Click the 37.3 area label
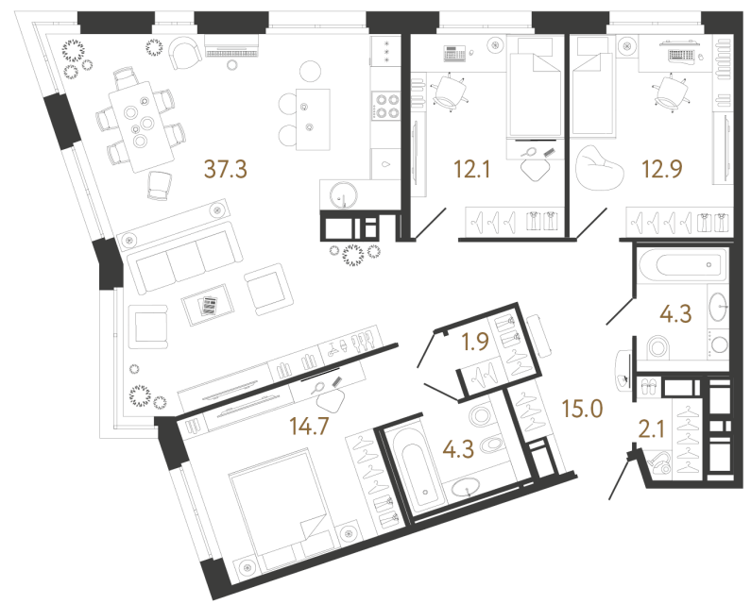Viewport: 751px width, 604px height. click(225, 169)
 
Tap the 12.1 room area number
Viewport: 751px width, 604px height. click(471, 169)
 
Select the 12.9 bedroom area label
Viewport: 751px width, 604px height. click(662, 169)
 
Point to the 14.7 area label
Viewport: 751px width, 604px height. click(310, 426)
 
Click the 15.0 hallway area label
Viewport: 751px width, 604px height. click(582, 410)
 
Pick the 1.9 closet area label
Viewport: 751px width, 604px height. click(475, 342)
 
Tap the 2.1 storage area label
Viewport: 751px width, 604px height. click(652, 429)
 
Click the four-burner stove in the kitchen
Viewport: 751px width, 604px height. click(386, 107)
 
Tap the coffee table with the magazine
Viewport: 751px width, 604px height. click(208, 305)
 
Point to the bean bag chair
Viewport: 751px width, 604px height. click(599, 168)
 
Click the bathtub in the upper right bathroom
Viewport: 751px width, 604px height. click(680, 264)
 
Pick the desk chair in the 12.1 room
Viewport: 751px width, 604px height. click(449, 92)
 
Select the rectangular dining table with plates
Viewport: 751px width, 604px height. click(142, 126)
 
